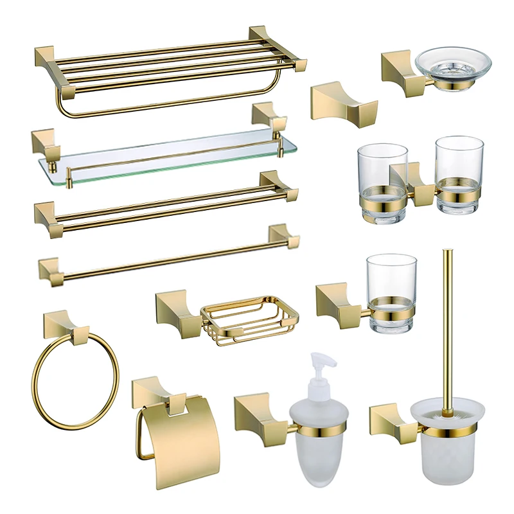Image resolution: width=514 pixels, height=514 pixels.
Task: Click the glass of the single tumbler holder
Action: tap(391, 292)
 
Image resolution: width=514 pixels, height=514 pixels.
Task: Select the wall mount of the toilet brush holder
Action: tap(389, 421)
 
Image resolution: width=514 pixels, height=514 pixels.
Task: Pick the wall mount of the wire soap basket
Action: tap(173, 308)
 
